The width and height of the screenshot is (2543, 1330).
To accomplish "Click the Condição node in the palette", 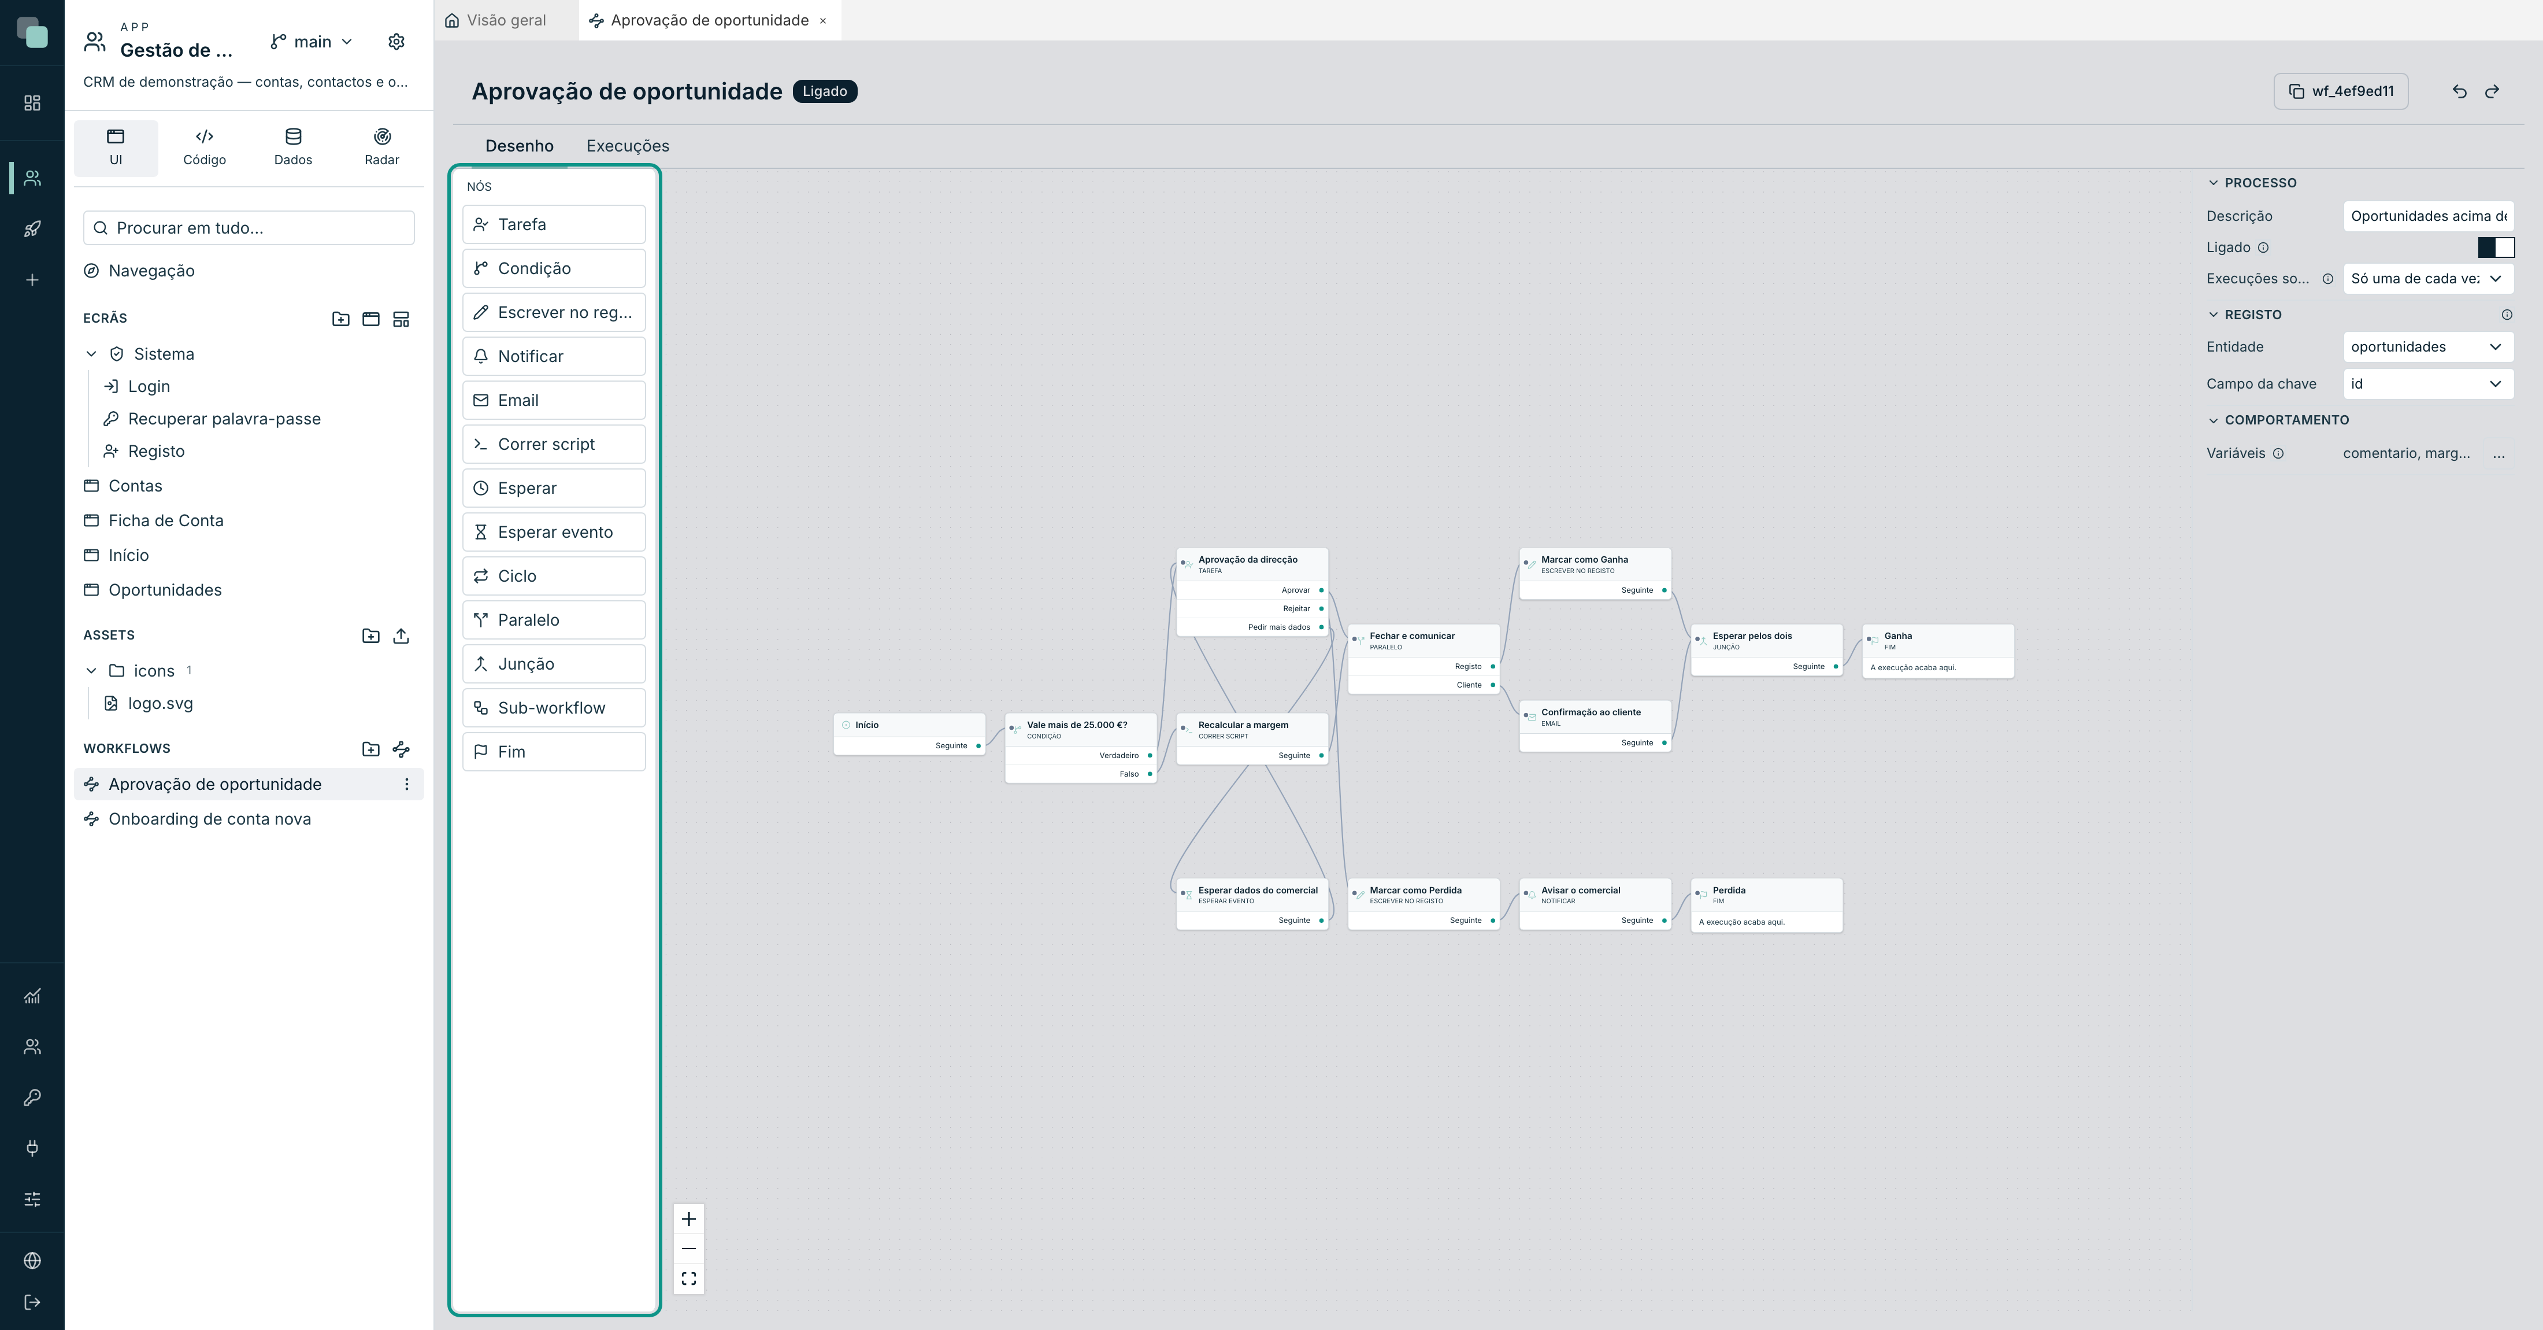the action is coord(554,268).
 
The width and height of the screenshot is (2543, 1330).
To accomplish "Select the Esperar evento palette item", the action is coord(554,532).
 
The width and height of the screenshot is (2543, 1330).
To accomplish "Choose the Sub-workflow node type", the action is coord(554,708).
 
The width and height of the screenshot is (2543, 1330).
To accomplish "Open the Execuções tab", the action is coord(628,146).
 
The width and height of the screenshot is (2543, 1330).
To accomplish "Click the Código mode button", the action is coord(205,147).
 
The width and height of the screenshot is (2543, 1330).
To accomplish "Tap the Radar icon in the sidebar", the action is coord(382,136).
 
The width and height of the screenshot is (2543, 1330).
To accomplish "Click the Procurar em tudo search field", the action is coord(249,228).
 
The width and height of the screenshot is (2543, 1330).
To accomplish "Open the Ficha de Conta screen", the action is coord(166,520).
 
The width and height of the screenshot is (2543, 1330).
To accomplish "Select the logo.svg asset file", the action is coord(160,703).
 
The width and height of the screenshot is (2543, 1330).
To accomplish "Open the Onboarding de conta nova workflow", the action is coord(209,819).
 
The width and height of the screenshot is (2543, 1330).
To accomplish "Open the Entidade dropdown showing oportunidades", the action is coord(2427,346).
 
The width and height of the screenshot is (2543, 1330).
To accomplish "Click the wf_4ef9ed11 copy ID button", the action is coord(2341,91).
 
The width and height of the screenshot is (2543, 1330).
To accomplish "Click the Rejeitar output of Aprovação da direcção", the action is coord(1296,608).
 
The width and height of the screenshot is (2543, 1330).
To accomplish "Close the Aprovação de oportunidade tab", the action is coord(822,21).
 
